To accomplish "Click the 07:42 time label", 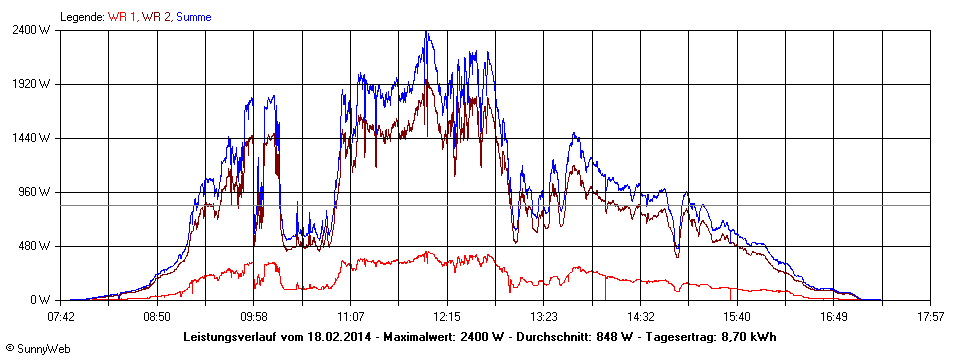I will coord(61,316).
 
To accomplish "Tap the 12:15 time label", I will coord(447,316).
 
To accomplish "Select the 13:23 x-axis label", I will coord(543,316).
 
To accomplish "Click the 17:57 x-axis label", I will coord(930,316).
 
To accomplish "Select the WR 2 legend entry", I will coord(157,17).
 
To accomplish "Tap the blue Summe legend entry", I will coord(194,17).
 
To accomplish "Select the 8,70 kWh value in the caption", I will coord(749,336).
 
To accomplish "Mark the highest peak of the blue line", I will coord(427,32).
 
